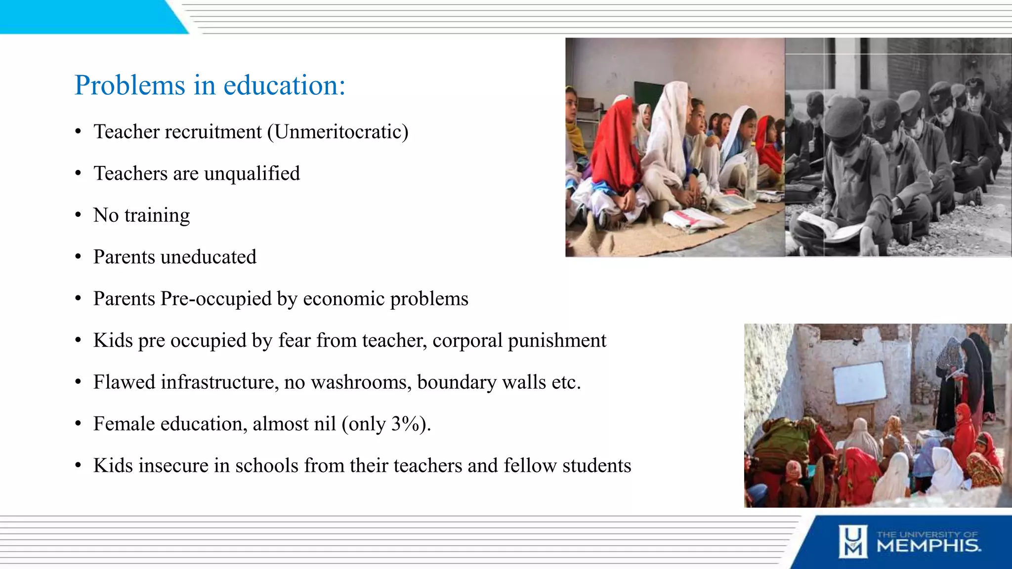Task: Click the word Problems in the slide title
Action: point(129,85)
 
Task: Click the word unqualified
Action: point(252,174)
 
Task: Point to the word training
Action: point(157,216)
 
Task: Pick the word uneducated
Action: point(209,257)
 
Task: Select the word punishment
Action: point(557,341)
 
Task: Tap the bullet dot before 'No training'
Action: point(78,215)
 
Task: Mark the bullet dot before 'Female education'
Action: point(78,424)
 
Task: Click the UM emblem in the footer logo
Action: point(852,541)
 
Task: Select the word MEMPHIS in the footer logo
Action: point(928,546)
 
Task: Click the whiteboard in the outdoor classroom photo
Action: point(859,383)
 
